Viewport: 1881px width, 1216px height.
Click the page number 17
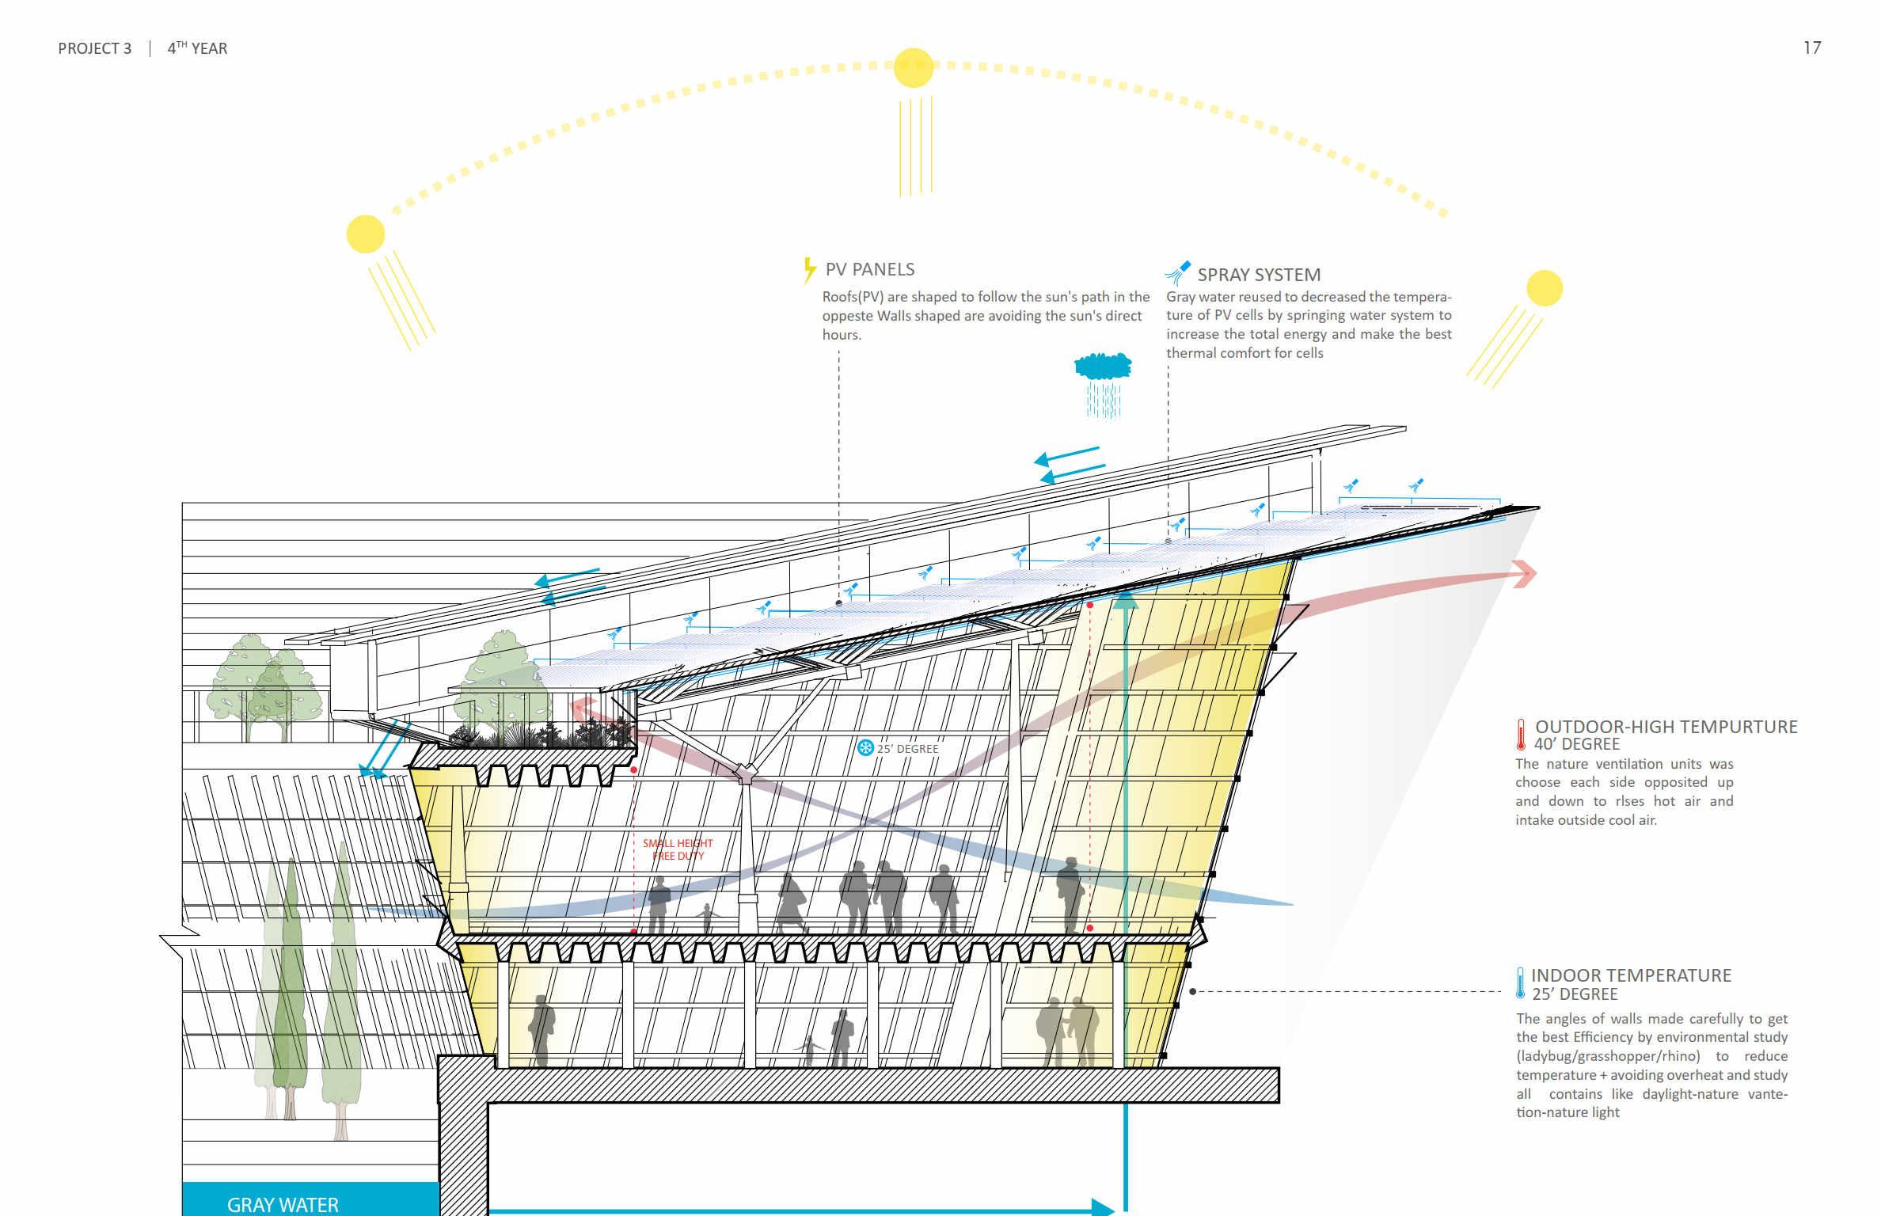click(x=1811, y=48)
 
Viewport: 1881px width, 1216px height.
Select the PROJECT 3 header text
click(x=94, y=48)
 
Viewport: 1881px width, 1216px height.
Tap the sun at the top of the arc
click(x=914, y=68)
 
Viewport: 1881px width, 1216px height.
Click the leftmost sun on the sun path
click(x=366, y=234)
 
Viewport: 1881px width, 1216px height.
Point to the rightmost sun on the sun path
click(x=1544, y=288)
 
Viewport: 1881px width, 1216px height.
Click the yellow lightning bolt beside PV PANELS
click(x=808, y=270)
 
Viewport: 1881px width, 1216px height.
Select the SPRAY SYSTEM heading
click(x=1258, y=275)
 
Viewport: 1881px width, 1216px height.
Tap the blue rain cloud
click(x=1102, y=367)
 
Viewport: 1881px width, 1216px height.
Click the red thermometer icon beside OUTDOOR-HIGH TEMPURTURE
click(x=1521, y=734)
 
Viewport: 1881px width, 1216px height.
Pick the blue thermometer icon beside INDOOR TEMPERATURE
click(x=1520, y=983)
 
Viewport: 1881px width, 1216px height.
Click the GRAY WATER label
click(x=283, y=1204)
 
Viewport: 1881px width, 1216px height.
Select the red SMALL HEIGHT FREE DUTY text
click(x=678, y=849)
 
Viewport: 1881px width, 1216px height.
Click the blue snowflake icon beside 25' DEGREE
click(x=865, y=747)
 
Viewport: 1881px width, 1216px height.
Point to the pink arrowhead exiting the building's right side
click(x=1524, y=573)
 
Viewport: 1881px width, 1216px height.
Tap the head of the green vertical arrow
click(x=1125, y=600)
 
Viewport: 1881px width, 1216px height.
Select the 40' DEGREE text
click(x=1576, y=744)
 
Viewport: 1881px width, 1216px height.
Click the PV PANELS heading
click(x=869, y=269)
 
